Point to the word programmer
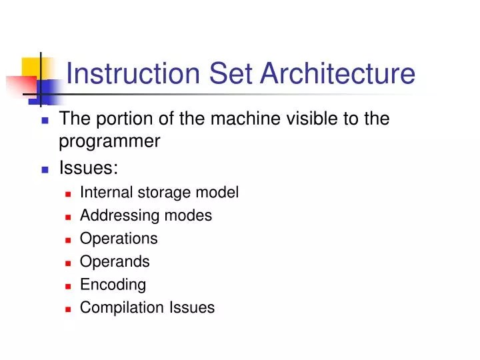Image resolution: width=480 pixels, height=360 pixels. pos(110,141)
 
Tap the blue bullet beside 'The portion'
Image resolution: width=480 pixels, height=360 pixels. pos(45,121)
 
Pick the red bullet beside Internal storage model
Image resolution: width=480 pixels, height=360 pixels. pos(69,194)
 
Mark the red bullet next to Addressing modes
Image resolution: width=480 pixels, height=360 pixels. pos(69,217)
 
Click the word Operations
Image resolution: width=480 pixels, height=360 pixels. pos(119,239)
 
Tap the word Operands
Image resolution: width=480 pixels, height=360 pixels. pos(115,262)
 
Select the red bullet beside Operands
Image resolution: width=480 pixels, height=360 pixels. pos(69,263)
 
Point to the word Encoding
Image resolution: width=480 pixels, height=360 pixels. pos(113,285)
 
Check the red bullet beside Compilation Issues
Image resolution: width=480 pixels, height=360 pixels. pos(69,308)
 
